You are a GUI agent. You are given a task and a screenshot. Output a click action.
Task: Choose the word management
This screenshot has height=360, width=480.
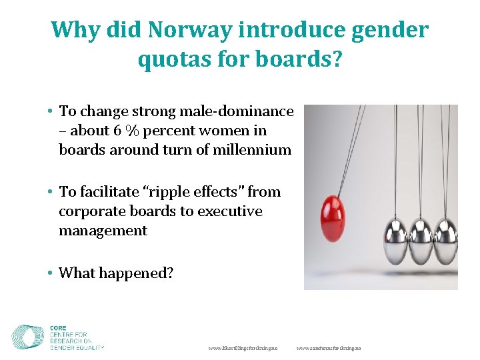point(103,231)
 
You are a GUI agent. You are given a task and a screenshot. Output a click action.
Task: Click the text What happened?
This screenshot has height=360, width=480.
point(115,273)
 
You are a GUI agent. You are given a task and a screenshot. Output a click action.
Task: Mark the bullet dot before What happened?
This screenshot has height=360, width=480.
point(51,273)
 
